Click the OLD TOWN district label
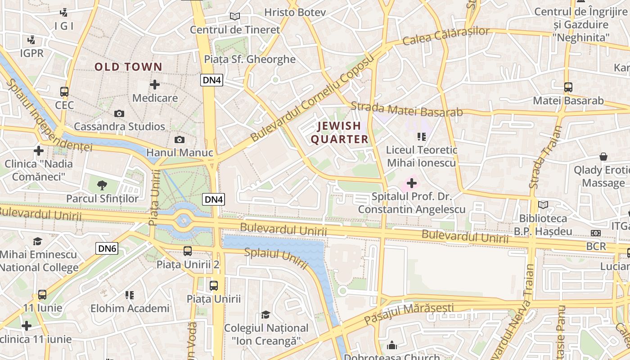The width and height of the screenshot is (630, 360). point(128,67)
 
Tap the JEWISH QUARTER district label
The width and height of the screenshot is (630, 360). point(340,132)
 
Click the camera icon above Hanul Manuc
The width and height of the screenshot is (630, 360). point(180,140)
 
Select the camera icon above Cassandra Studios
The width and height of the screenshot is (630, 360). point(119,114)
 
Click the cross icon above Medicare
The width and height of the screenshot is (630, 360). point(155,85)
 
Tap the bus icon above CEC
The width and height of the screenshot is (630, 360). point(64,92)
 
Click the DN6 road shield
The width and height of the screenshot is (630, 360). point(107,248)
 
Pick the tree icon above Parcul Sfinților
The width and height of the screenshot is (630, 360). point(103,184)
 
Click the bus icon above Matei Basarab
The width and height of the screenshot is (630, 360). point(568,87)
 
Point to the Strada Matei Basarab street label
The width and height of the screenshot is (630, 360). point(406,109)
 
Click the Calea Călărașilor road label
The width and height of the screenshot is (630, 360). point(445,36)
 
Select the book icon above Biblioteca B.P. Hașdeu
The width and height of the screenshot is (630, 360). point(543,205)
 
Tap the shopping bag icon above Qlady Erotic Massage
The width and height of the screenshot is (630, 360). point(603,157)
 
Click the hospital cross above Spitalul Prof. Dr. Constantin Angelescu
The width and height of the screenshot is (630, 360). point(411,183)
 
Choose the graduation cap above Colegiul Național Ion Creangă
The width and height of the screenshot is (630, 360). point(266,315)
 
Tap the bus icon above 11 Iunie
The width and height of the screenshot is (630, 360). point(42,295)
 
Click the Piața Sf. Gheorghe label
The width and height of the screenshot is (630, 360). point(250,59)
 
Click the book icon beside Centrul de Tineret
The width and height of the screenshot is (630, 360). point(234,17)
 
